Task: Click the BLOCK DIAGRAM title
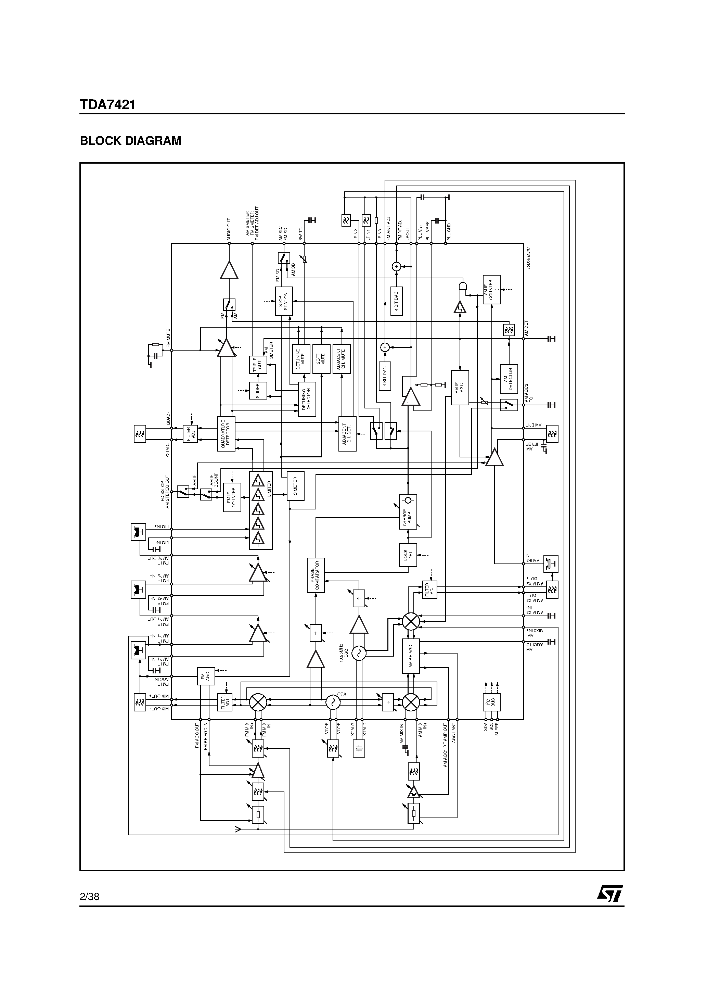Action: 130,141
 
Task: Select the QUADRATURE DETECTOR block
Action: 226,434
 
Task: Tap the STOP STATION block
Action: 283,301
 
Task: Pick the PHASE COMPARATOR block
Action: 316,575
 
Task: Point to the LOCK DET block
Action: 408,555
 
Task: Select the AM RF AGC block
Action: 410,656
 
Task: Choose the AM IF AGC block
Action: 460,388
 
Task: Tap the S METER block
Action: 295,486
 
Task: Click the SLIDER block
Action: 258,391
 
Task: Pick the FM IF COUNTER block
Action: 232,497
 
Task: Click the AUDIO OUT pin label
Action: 229,230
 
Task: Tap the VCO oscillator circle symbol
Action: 333,702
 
